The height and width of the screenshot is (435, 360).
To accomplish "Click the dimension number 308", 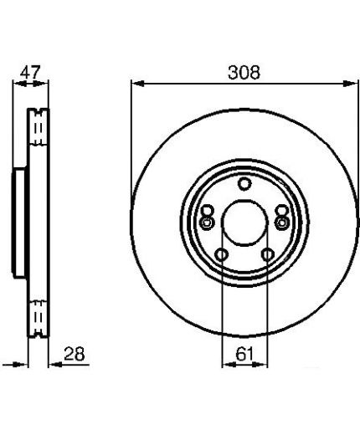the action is coord(244,73).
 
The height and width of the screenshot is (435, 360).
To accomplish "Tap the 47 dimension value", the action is coord(30,73).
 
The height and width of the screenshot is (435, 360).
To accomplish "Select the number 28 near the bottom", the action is coord(74,354).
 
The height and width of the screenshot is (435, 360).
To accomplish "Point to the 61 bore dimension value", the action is coord(244,355).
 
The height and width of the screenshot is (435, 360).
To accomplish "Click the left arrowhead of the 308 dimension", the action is coord(138,84).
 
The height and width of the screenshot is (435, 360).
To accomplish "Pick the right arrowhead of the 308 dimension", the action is coord(351,84).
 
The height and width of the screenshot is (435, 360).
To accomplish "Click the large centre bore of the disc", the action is coord(244,223).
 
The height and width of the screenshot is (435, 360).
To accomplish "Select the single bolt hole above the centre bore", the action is coord(244,184).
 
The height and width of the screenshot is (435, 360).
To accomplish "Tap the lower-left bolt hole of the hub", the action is coord(221,254).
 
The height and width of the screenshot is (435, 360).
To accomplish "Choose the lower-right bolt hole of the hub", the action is coord(267,254).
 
